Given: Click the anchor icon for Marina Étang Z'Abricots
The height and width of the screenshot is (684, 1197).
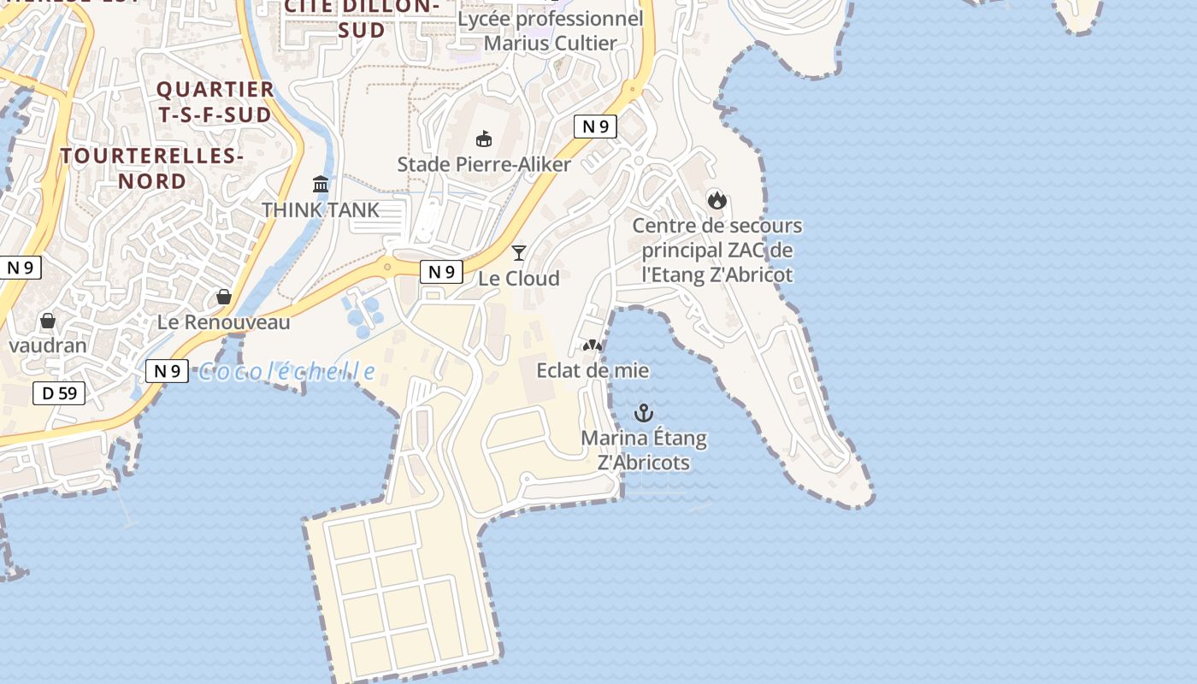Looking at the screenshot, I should pyautogui.click(x=643, y=414).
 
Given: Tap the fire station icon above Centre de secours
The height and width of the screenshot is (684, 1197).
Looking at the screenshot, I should pyautogui.click(x=716, y=200).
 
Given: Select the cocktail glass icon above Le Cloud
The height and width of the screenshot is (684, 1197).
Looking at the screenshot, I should pyautogui.click(x=518, y=252).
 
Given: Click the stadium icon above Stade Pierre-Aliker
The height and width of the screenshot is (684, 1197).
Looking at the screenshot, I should pyautogui.click(x=484, y=139).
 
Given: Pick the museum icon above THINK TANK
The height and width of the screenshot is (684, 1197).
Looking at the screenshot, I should pyautogui.click(x=321, y=184).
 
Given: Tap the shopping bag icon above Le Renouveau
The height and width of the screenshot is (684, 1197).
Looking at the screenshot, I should pyautogui.click(x=224, y=297).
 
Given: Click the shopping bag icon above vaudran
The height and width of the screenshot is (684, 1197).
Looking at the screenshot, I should pyautogui.click(x=48, y=321).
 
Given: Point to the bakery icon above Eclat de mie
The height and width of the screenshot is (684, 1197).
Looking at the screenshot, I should pyautogui.click(x=592, y=345).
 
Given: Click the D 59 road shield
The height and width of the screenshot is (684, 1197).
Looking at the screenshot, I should pyautogui.click(x=59, y=393).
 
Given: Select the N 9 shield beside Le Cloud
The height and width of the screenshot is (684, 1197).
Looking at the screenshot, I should pyautogui.click(x=441, y=272).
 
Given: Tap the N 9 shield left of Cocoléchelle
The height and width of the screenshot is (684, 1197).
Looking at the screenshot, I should pyautogui.click(x=167, y=371).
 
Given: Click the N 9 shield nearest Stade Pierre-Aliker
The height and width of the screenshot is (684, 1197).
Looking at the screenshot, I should pyautogui.click(x=595, y=127).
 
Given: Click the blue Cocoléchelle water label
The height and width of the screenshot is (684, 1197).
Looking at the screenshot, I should pyautogui.click(x=286, y=372).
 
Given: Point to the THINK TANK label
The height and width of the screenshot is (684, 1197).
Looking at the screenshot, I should pyautogui.click(x=320, y=209).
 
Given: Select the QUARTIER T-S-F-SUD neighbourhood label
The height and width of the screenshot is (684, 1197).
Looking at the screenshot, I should pyautogui.click(x=214, y=102).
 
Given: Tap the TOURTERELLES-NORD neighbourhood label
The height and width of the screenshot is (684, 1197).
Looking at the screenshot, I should pyautogui.click(x=152, y=168).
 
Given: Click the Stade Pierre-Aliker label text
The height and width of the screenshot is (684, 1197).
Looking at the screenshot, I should pyautogui.click(x=484, y=164).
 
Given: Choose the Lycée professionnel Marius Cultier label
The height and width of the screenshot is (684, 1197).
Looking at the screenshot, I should pyautogui.click(x=551, y=31).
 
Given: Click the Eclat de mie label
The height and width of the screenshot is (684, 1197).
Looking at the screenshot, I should pyautogui.click(x=592, y=370).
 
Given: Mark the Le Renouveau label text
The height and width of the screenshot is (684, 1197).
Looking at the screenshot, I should pyautogui.click(x=224, y=322).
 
